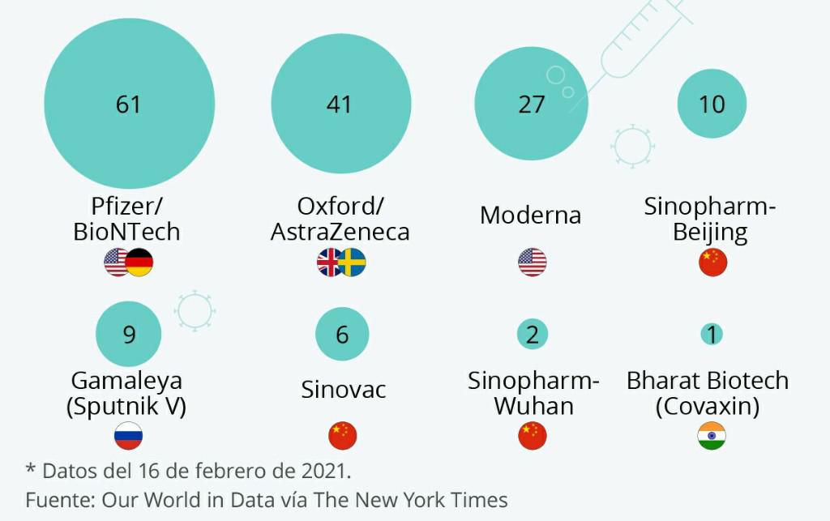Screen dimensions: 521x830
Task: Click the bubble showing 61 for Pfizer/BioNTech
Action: (x=129, y=104)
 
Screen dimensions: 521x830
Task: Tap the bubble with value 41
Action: (x=339, y=104)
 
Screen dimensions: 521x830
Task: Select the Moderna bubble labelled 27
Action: (x=531, y=105)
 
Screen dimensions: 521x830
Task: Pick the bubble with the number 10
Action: (x=712, y=104)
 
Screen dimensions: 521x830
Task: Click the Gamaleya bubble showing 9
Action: (x=129, y=334)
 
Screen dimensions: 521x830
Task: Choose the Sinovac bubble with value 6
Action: (x=342, y=334)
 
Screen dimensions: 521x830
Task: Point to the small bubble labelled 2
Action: (x=532, y=334)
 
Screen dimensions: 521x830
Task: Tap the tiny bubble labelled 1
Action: (x=712, y=334)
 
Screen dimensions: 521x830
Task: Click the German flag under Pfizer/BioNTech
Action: (x=139, y=263)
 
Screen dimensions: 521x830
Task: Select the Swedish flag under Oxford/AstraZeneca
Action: (x=352, y=263)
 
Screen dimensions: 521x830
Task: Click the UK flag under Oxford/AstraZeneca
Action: (x=330, y=263)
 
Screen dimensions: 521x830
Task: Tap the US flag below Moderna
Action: (x=532, y=263)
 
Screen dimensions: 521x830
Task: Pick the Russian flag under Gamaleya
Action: (x=129, y=436)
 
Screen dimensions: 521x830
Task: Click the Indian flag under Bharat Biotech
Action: (x=712, y=436)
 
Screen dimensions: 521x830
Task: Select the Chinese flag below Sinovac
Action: (x=342, y=436)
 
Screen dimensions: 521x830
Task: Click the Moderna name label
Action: (x=530, y=216)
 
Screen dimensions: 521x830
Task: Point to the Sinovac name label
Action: (x=344, y=390)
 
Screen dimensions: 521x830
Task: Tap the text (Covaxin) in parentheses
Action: (x=707, y=405)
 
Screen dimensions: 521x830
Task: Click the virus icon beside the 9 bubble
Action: (x=195, y=310)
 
